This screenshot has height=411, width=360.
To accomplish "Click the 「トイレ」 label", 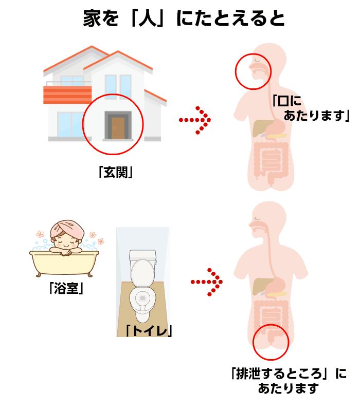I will point(149,330).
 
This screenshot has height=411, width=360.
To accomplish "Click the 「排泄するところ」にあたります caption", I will point(289,381).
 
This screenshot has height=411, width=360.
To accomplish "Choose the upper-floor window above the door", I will point(118,85).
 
